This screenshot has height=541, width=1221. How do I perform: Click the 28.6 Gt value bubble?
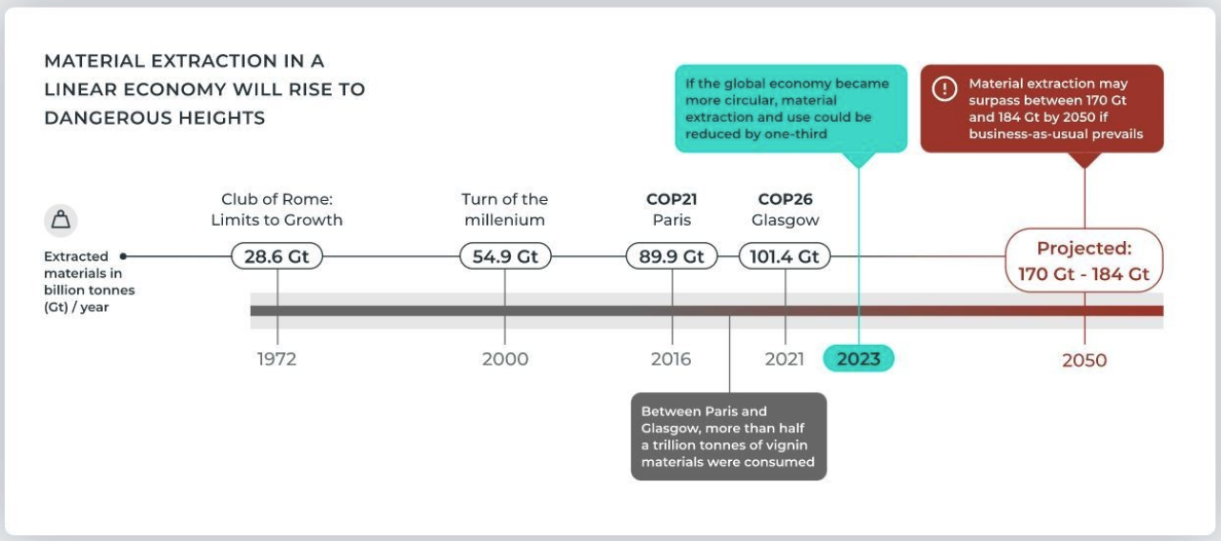[277, 256]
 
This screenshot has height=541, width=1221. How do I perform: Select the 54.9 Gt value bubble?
[505, 256]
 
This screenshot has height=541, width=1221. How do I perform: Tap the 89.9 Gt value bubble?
[672, 256]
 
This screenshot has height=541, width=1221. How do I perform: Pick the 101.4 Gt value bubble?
[785, 256]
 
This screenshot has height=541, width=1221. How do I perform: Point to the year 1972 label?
[277, 359]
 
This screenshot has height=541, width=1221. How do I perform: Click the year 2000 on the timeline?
[505, 359]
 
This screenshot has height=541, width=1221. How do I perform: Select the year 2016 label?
[672, 359]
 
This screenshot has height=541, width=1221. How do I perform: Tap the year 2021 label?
[785, 359]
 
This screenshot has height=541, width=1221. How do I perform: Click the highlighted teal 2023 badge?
[859, 358]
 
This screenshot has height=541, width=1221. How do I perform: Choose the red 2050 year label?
[1085, 360]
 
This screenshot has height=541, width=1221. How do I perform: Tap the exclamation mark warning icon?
[944, 90]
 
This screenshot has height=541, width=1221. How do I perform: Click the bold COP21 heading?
[672, 199]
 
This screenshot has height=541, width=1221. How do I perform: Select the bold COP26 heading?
[785, 199]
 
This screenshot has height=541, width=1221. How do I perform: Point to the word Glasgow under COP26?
[785, 220]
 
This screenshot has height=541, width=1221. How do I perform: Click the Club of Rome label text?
[281, 199]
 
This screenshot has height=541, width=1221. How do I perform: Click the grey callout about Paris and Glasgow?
[728, 436]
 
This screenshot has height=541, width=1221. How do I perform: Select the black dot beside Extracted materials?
[124, 256]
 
